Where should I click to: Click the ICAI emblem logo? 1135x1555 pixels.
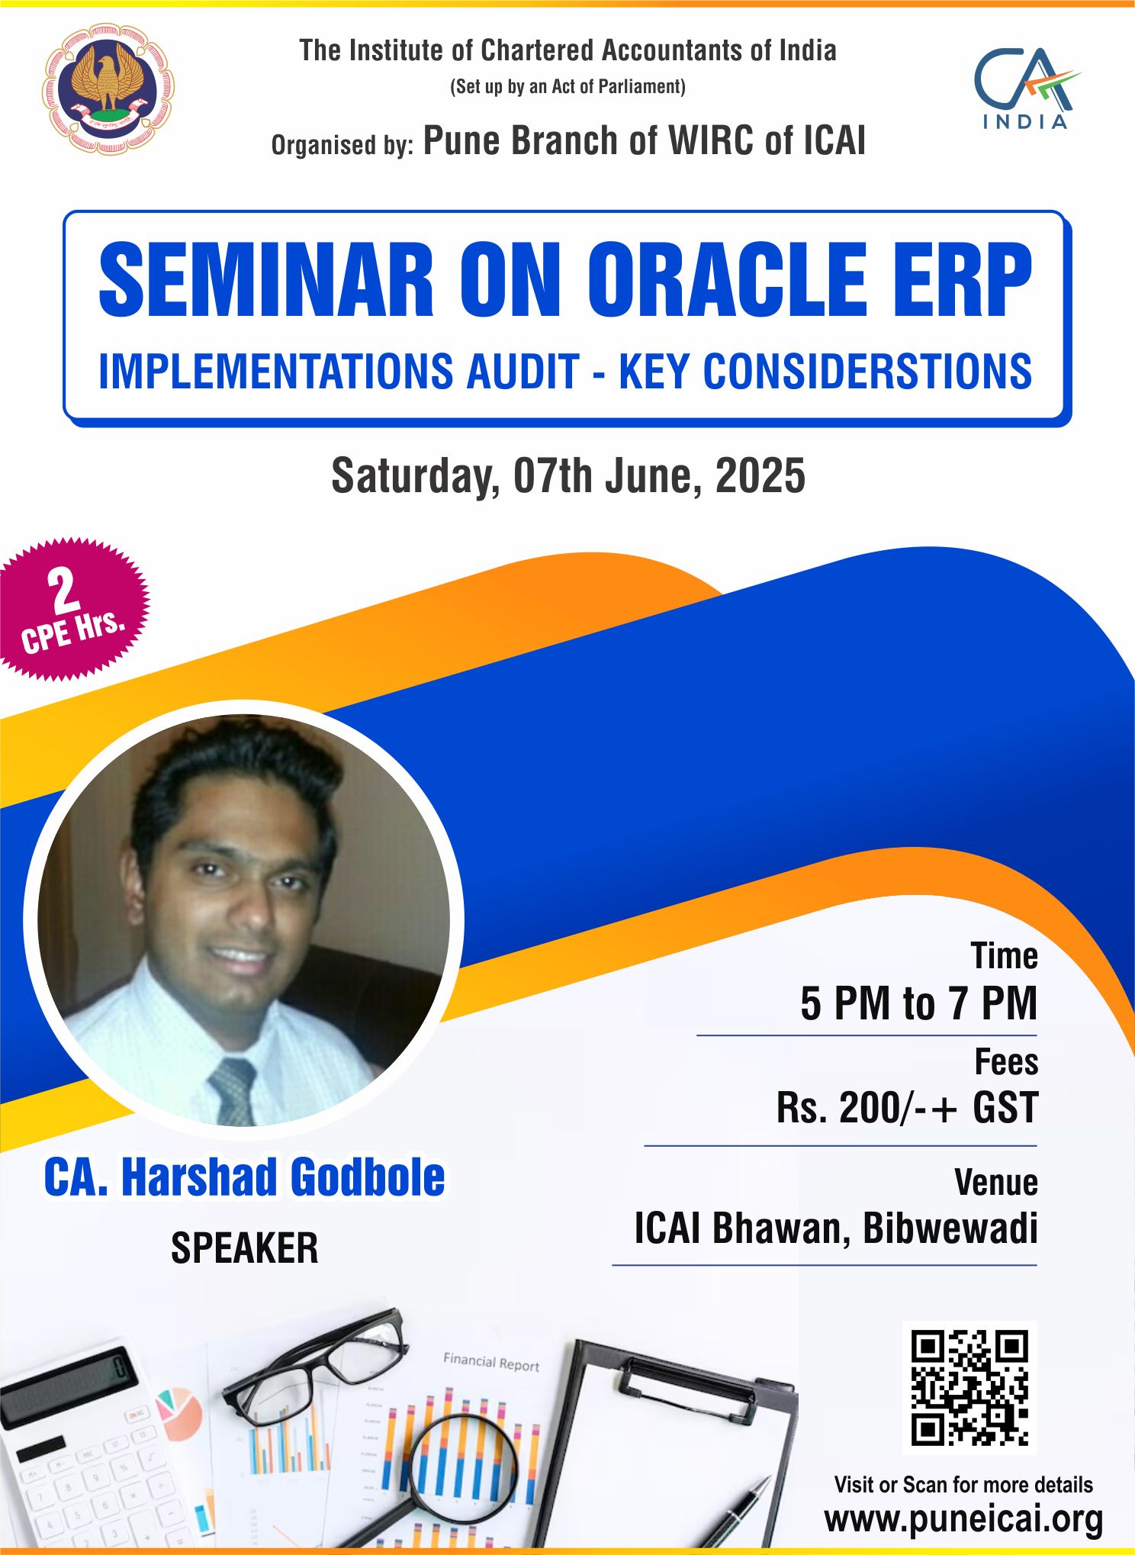[x=108, y=89]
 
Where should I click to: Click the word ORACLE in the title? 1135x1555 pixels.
[x=727, y=280]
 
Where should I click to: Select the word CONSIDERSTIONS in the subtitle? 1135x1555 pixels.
[x=867, y=372]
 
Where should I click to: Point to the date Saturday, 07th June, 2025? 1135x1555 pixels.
[x=568, y=476]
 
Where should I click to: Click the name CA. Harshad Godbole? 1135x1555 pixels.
[x=244, y=1177]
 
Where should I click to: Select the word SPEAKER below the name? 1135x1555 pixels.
[x=244, y=1249]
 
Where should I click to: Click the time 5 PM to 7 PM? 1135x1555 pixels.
[x=918, y=1003]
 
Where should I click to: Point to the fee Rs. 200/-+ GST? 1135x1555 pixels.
[x=907, y=1108]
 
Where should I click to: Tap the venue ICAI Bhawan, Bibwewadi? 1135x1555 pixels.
[x=836, y=1229]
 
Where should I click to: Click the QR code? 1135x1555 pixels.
[x=969, y=1387]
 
